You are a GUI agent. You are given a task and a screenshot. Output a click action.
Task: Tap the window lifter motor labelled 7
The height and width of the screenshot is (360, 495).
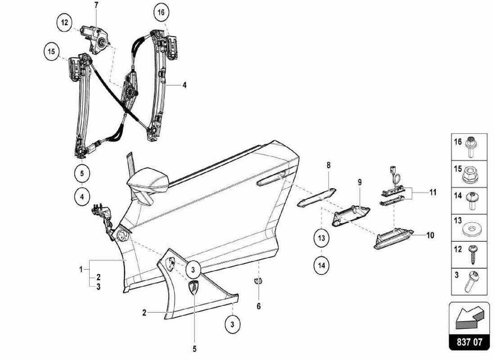click(x=95, y=38)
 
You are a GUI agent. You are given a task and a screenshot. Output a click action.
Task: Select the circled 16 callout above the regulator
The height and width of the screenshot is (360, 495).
click(x=161, y=12)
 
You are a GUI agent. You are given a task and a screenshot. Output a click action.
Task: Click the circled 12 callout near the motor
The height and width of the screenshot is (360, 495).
click(x=65, y=22)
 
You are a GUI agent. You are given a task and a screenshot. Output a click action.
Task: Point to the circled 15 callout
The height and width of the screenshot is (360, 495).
click(x=52, y=52)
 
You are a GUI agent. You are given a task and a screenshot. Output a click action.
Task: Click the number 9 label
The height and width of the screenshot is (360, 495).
click(x=360, y=182)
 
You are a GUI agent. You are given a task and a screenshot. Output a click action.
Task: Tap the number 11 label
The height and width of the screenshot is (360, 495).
click(x=432, y=192)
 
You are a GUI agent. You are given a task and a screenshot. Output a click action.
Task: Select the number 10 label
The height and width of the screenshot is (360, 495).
click(x=430, y=235)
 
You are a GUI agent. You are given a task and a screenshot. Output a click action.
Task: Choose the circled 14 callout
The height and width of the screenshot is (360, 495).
click(x=322, y=265)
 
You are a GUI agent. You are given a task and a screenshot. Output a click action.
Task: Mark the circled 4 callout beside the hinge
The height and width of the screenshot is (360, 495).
click(x=82, y=197)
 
